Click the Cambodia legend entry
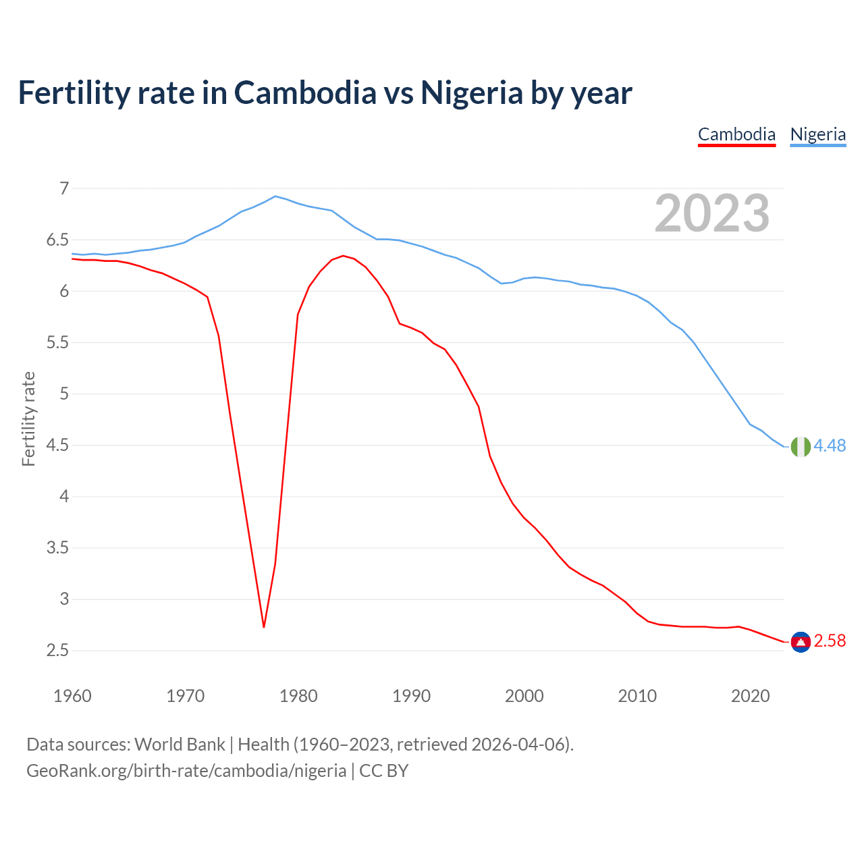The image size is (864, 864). tap(736, 134)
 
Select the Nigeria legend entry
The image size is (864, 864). tap(817, 134)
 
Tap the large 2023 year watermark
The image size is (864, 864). tap(711, 213)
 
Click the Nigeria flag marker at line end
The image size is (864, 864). tap(801, 446)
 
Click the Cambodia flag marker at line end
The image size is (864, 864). tap(801, 641)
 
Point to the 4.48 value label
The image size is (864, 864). tap(830, 446)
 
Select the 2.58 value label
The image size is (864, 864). tap(830, 641)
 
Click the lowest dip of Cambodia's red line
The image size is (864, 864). tap(264, 626)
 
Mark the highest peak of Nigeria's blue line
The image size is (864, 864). tap(275, 196)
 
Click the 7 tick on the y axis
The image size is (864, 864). tap(64, 188)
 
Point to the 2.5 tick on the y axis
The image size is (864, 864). tap(57, 651)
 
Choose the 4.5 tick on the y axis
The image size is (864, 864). tap(57, 446)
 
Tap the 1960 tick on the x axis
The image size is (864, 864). tap(72, 696)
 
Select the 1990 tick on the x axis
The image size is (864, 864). tap(411, 696)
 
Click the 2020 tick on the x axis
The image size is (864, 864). tap(750, 696)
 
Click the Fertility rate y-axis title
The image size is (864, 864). tap(28, 418)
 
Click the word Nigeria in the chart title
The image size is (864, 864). tap(471, 92)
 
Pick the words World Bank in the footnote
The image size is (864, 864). tap(180, 745)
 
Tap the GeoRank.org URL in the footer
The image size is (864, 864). tap(186, 771)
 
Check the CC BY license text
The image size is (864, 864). tap(383, 771)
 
